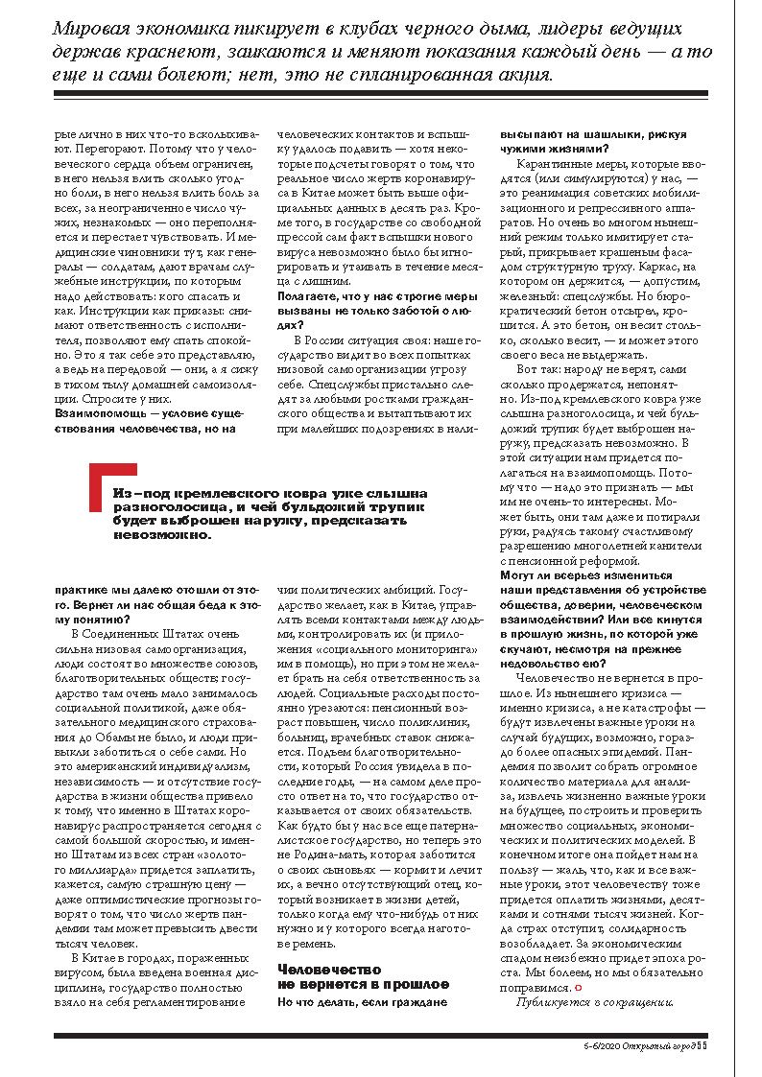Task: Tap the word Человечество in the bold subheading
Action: [316, 971]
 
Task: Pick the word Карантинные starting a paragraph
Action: [556, 166]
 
